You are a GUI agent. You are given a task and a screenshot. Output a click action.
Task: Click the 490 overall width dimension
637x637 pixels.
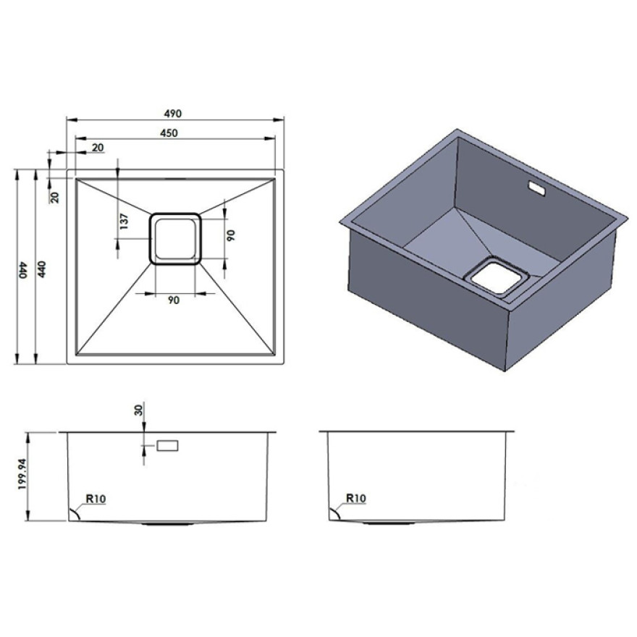(173, 114)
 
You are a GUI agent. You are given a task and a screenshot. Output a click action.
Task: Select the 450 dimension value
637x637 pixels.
(169, 133)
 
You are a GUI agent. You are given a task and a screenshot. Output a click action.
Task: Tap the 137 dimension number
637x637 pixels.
(125, 222)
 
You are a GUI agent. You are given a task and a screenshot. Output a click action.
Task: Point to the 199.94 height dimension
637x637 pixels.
(22, 473)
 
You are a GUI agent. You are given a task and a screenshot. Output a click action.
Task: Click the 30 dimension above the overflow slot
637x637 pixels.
(139, 410)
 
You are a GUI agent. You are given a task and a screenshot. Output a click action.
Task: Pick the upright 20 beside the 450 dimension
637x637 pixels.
(98, 148)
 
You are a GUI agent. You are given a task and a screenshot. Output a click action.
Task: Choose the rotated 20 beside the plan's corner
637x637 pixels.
(55, 198)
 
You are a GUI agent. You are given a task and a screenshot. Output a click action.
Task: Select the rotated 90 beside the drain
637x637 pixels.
(231, 235)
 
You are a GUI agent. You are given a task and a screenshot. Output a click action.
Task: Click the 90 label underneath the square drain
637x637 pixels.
(174, 300)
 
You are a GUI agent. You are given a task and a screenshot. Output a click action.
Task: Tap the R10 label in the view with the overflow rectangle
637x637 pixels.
(96, 499)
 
